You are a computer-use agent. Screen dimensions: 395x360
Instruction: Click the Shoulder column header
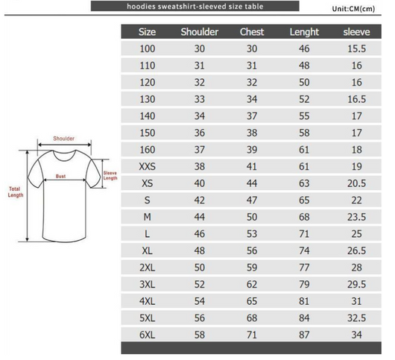tap(199, 32)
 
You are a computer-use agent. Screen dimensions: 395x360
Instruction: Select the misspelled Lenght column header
tap(304, 32)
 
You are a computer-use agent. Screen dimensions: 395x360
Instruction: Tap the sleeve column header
tap(356, 32)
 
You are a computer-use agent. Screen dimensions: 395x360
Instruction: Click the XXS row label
tap(147, 166)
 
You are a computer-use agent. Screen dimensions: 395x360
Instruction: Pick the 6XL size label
tap(147, 335)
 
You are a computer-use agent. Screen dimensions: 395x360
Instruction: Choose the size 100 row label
tap(147, 48)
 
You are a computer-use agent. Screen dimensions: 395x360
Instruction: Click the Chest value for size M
tap(252, 217)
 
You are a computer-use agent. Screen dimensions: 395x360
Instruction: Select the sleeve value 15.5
tap(356, 48)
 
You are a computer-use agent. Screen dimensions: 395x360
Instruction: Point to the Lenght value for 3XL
tap(304, 284)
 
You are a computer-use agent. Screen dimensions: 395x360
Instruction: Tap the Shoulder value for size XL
tap(199, 250)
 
